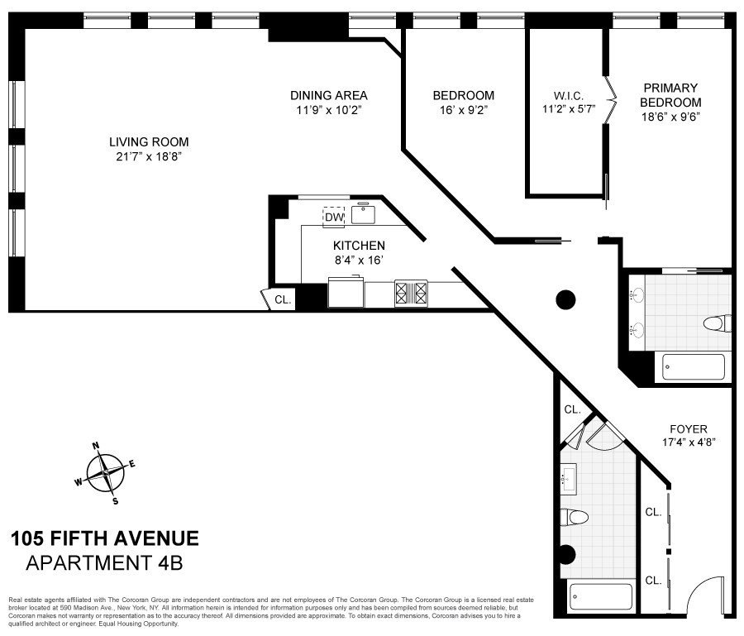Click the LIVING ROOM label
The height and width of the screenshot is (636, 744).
pos(152,141)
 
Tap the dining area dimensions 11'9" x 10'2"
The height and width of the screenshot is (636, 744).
pos(328,109)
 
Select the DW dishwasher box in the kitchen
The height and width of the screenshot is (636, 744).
pos(333,217)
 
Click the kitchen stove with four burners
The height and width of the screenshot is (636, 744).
pos(411,294)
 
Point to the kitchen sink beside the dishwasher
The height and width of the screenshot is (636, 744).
pos(363,214)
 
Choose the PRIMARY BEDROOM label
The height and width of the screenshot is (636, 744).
pos(670,94)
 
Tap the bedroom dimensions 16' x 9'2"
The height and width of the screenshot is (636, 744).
pos(463,109)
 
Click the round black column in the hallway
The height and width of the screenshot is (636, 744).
pos(565,299)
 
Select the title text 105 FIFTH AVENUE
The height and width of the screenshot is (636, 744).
pos(104,539)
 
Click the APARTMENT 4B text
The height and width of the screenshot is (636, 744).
pos(104,564)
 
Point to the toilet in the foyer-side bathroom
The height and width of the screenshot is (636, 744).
pos(575,518)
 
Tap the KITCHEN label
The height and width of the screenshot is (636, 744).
pos(359,246)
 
